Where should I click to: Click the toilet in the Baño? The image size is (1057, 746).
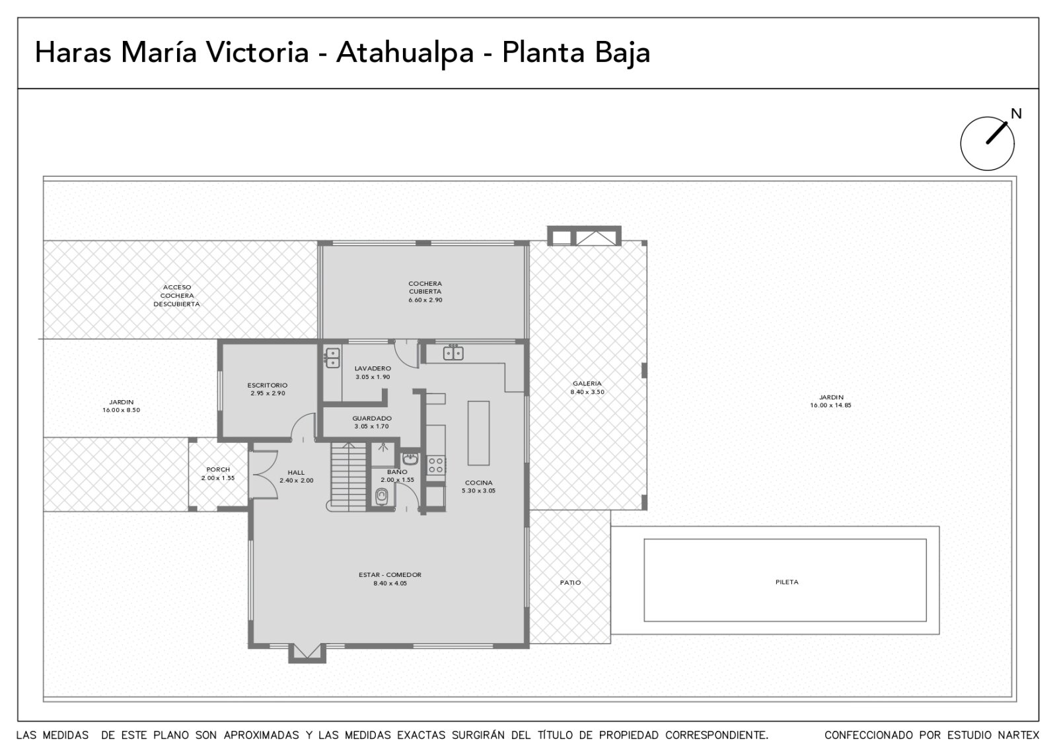pyautogui.click(x=382, y=496)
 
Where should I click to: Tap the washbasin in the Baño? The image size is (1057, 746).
pyautogui.click(x=410, y=458)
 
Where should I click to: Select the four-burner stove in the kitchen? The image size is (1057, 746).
pyautogui.click(x=436, y=465)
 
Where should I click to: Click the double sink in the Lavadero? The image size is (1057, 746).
pyautogui.click(x=333, y=358)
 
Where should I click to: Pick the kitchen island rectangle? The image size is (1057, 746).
pyautogui.click(x=478, y=433)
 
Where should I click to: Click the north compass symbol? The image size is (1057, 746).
pyautogui.click(x=987, y=143)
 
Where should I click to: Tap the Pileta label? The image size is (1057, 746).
pyautogui.click(x=787, y=582)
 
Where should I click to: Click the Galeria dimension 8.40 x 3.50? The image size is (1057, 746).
pyautogui.click(x=587, y=392)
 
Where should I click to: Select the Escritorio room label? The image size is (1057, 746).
pyautogui.click(x=268, y=386)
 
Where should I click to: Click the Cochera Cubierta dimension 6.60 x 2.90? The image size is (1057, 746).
pyautogui.click(x=425, y=300)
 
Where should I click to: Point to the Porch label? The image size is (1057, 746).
pyautogui.click(x=218, y=469)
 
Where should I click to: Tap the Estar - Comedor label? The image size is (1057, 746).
pyautogui.click(x=390, y=575)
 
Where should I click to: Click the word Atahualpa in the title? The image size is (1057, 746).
pyautogui.click(x=405, y=53)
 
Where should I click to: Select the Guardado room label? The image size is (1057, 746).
pyautogui.click(x=372, y=419)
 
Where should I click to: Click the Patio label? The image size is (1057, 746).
pyautogui.click(x=571, y=582)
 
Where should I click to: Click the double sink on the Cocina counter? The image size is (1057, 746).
pyautogui.click(x=453, y=353)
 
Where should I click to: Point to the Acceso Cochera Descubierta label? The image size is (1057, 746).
pyautogui.click(x=177, y=296)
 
